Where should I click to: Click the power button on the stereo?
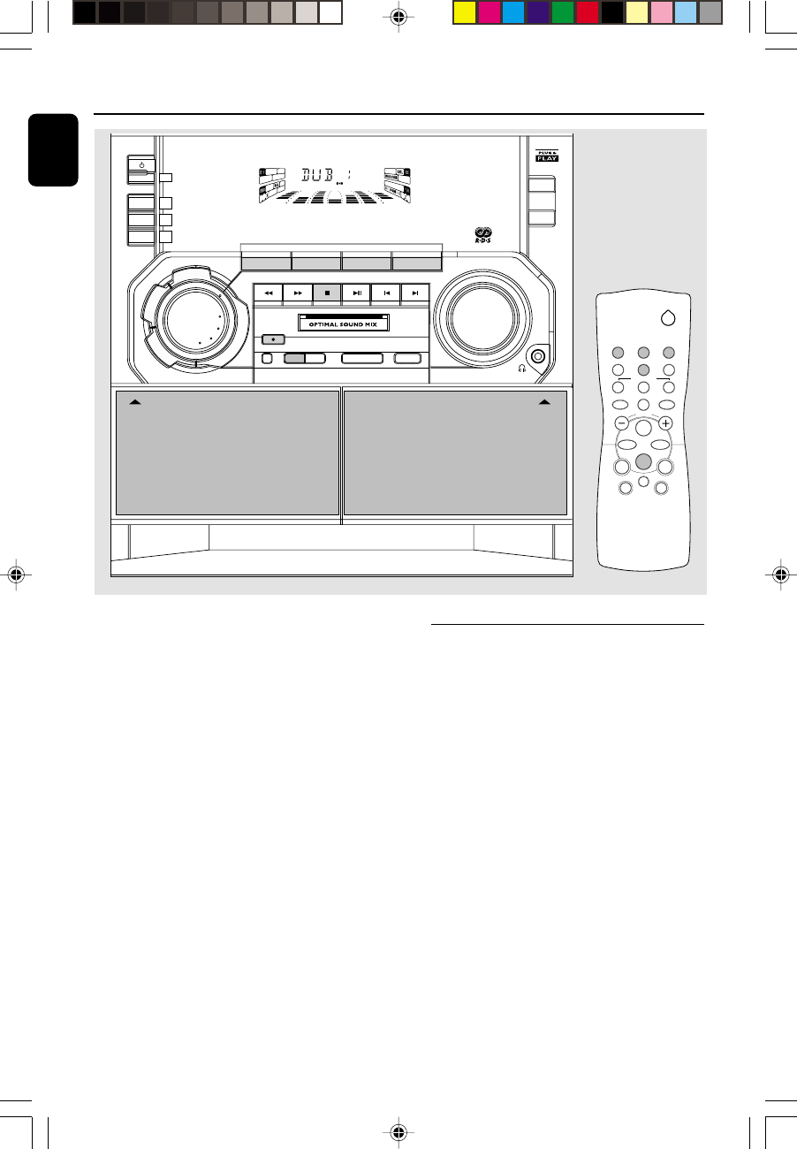pyautogui.click(x=142, y=165)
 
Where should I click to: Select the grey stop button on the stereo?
pyautogui.click(x=327, y=292)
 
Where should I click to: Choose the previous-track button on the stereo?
pyautogui.click(x=386, y=292)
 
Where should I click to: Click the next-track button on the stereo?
pyautogui.click(x=415, y=292)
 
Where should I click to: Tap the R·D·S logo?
pyautogui.click(x=483, y=237)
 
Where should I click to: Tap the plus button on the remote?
pyautogui.click(x=665, y=422)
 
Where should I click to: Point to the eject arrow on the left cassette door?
pyautogui.click(x=134, y=401)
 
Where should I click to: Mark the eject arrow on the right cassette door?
pyautogui.click(x=546, y=401)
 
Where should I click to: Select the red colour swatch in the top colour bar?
pyautogui.click(x=588, y=13)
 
